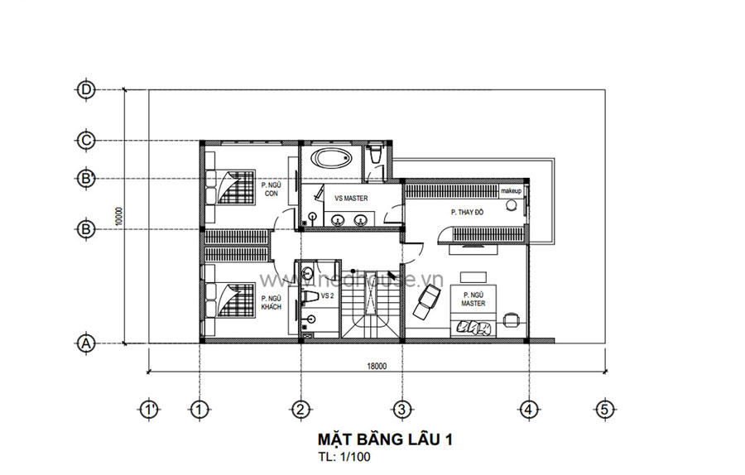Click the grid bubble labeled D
(x=85, y=89)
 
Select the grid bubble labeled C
(x=85, y=141)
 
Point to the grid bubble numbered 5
(x=605, y=408)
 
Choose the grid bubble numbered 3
(x=401, y=408)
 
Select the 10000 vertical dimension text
(x=119, y=216)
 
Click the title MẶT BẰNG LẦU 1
(x=385, y=439)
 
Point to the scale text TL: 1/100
(x=344, y=456)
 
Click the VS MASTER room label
(x=351, y=199)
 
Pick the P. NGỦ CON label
(x=271, y=190)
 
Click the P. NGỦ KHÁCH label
(x=271, y=303)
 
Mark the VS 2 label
(x=327, y=295)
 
